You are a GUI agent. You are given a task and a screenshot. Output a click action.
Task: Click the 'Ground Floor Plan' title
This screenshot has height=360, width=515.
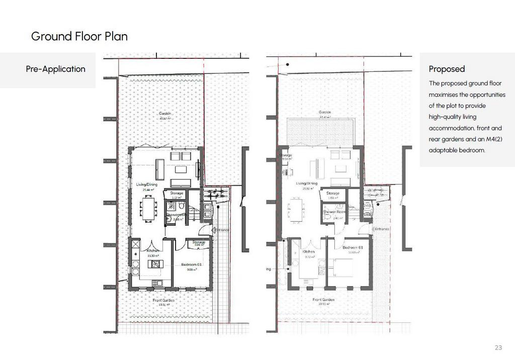tap(79, 36)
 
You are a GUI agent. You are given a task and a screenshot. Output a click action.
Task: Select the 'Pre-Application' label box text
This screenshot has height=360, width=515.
tap(55, 69)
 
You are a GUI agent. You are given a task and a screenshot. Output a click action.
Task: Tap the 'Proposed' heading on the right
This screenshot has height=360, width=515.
tap(447, 69)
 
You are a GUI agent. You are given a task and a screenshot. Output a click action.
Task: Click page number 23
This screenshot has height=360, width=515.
tap(498, 347)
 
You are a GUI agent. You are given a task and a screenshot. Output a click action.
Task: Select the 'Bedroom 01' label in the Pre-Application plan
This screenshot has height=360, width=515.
tap(191, 264)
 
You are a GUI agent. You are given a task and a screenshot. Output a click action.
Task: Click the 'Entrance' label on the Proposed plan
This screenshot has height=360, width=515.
tap(382, 229)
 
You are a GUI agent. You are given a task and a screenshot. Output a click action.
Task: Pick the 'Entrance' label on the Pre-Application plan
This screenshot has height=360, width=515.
tap(220, 230)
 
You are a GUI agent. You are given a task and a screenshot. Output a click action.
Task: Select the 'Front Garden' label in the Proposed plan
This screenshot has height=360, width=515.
tap(324, 300)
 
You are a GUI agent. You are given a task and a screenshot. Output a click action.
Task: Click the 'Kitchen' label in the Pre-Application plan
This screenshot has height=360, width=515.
tap(153, 250)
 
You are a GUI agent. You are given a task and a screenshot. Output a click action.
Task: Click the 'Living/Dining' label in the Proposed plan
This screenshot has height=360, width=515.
tap(306, 184)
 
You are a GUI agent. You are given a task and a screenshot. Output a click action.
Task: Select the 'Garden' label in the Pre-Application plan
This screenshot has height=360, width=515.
tap(165, 114)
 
